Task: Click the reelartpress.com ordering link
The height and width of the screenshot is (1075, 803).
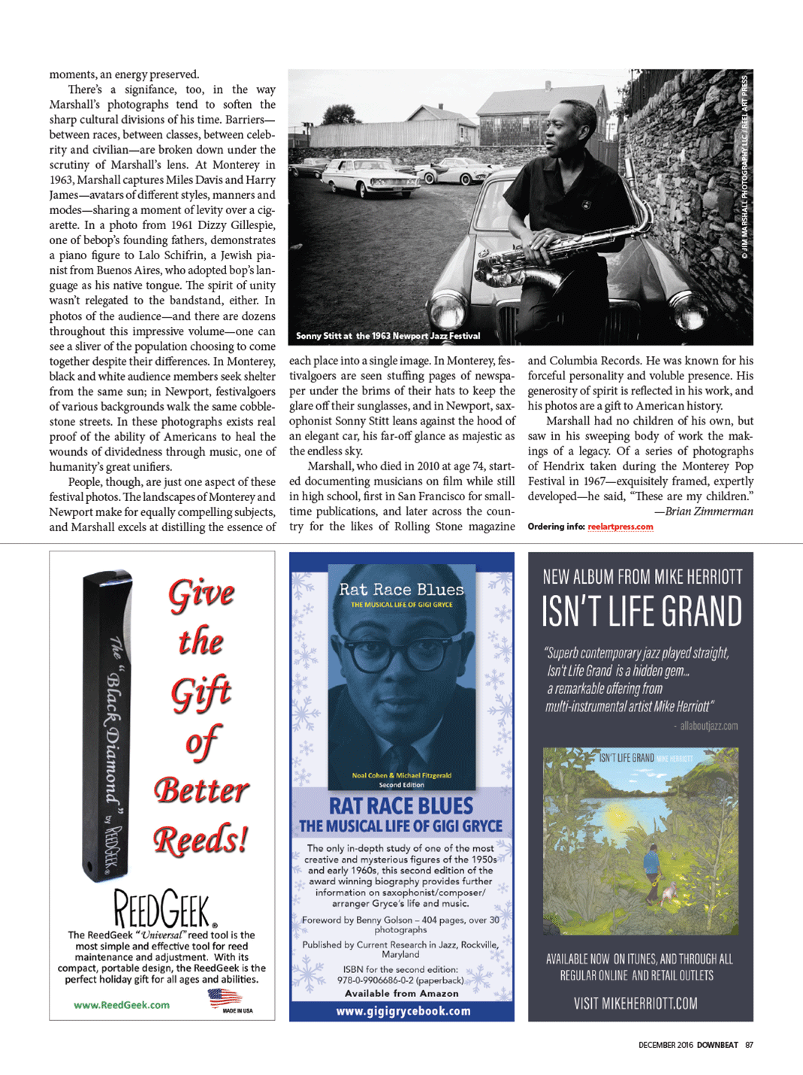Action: point(620,527)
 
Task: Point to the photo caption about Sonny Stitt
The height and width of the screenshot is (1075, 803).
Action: point(388,336)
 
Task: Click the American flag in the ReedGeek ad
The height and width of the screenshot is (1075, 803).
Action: point(224,998)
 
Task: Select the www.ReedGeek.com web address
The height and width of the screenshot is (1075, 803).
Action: point(122,1005)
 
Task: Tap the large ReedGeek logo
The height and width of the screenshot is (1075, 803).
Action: point(163,909)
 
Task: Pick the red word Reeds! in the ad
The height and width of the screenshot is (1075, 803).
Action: point(201,840)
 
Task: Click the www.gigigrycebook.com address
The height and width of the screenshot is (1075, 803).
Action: point(403,1011)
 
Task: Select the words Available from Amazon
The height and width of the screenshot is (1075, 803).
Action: point(401,993)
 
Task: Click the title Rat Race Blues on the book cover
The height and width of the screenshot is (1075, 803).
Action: point(401,590)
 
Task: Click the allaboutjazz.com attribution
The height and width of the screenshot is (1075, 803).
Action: point(708,726)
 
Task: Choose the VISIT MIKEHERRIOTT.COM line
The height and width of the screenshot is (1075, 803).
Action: point(635,1003)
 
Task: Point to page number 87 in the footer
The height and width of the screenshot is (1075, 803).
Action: point(749,1045)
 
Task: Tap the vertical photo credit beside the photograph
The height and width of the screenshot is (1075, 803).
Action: point(744,167)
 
